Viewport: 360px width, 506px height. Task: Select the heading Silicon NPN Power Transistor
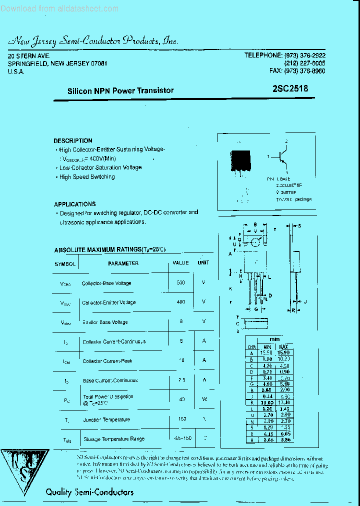(120, 90)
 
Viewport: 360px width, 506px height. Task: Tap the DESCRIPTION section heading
(73, 141)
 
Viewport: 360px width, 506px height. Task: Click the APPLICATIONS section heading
(74, 204)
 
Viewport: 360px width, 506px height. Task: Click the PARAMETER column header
(123, 263)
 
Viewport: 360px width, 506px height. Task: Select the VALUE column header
(180, 262)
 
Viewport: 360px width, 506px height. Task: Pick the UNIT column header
(203, 262)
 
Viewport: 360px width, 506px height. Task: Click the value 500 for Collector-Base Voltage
(180, 283)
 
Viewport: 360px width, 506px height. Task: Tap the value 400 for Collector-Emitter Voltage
(180, 302)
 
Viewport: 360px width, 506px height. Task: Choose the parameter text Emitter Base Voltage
(105, 322)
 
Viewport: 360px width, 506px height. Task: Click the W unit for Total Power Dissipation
(203, 399)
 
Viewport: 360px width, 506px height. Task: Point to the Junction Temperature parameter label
(106, 419)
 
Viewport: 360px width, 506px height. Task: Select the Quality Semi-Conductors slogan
(89, 492)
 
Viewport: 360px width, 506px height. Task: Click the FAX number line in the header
(297, 71)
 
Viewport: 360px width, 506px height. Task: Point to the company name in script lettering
(93, 41)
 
